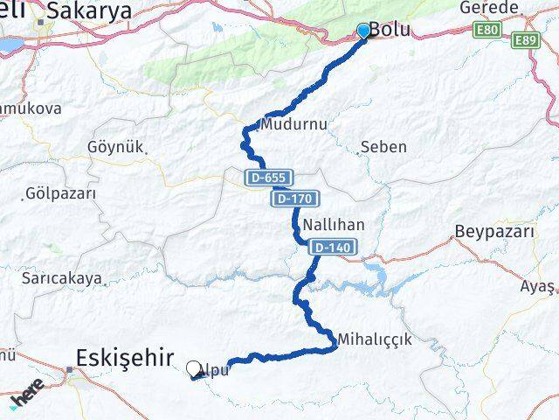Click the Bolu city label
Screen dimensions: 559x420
389,29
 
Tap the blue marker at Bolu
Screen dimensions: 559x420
364,31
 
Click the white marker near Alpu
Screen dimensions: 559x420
194,369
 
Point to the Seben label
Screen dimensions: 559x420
383,146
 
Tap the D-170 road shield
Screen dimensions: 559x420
293,199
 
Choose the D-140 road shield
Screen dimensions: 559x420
331,248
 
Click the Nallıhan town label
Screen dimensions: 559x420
333,225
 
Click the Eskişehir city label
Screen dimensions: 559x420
119,358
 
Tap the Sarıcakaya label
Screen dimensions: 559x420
62,278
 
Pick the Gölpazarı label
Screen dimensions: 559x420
60,192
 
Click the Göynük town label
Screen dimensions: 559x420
114,146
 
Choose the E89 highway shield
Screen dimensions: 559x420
527,40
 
